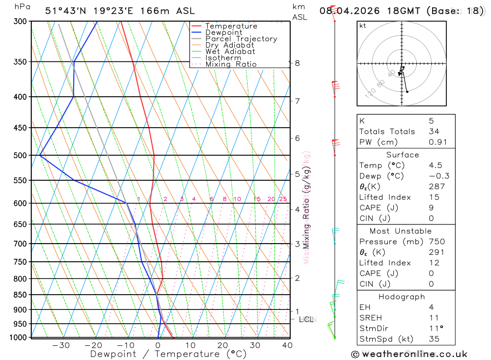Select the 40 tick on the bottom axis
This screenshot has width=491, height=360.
287,345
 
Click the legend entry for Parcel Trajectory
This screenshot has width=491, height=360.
241,39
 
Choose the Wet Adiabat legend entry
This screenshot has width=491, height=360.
230,52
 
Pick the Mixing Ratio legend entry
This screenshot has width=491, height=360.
231,64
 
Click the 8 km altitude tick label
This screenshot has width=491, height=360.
297,63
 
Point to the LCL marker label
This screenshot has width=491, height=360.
306,320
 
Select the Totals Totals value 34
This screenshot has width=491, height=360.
434,132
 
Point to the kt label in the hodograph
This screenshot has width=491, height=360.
363,26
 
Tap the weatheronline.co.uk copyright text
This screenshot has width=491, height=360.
409,354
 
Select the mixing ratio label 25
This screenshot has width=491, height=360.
283,199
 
